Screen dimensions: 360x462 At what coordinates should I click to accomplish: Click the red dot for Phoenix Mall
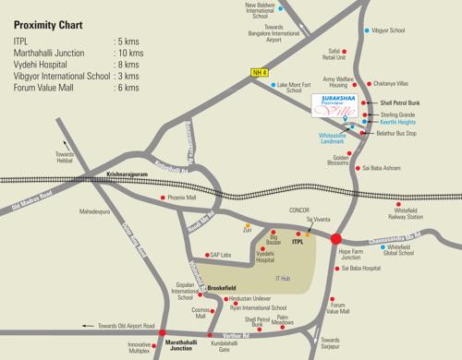164,198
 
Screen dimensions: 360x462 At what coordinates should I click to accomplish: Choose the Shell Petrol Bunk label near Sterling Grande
400,102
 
